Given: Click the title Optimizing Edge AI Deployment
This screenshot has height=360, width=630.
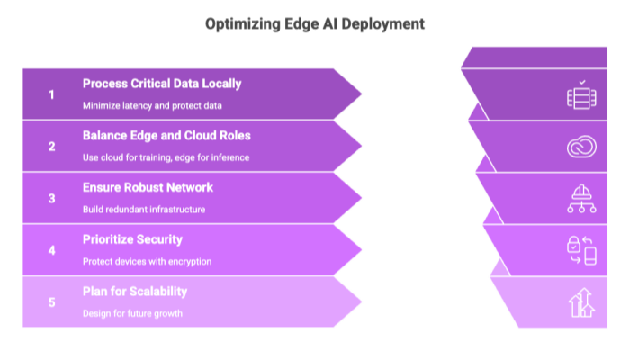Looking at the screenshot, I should [x=315, y=24].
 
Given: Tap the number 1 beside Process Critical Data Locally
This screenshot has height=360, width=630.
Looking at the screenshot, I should [x=51, y=94].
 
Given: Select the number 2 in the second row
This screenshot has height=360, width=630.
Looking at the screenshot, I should [x=51, y=147].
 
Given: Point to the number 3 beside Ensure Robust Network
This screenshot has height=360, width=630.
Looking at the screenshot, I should [x=51, y=199].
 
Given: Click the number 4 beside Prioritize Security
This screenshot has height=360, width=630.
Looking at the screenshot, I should [x=51, y=251].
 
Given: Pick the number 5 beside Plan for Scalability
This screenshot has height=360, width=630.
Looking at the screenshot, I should [x=51, y=302].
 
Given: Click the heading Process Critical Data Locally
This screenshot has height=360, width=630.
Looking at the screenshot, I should [x=162, y=84].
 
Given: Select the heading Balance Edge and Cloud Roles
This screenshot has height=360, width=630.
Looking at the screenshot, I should [x=166, y=136].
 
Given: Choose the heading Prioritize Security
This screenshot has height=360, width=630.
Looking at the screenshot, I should [x=132, y=240].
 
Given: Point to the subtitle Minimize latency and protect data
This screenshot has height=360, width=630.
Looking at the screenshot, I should [x=152, y=105].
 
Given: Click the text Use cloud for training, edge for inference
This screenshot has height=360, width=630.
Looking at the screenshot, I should [x=166, y=157].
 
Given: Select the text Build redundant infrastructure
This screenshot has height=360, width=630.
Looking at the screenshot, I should [x=144, y=210].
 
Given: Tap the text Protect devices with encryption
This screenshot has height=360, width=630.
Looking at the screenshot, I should [x=147, y=262].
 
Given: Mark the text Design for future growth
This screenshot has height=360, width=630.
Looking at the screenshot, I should [x=132, y=314].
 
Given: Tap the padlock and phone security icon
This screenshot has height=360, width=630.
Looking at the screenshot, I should [x=580, y=249].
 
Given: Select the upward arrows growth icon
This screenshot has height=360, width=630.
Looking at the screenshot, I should [x=580, y=302].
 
